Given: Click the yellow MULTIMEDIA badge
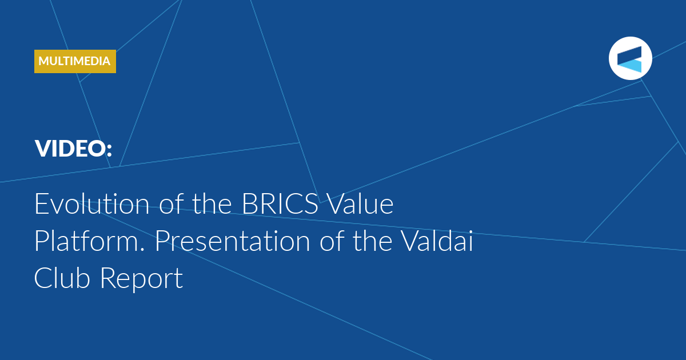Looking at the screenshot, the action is click(x=75, y=61).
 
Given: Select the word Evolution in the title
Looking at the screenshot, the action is click(x=92, y=203).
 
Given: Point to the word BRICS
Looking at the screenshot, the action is click(x=280, y=204).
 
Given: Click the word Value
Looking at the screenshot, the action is click(x=360, y=203).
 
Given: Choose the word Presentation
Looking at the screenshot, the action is click(x=233, y=242).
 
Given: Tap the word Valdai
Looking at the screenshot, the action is click(x=437, y=241).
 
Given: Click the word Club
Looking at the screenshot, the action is click(x=62, y=278).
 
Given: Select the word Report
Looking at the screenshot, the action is click(x=142, y=279).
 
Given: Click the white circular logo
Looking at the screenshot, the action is click(x=630, y=58).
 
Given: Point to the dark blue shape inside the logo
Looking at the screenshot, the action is click(x=629, y=55).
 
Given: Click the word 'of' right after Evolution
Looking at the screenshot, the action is click(x=171, y=203).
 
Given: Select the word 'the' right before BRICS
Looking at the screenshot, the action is click(x=212, y=203).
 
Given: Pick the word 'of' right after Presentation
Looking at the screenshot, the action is click(x=332, y=241).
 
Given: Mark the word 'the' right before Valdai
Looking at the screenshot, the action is click(x=372, y=241).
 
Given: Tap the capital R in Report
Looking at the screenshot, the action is click(x=108, y=278).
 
